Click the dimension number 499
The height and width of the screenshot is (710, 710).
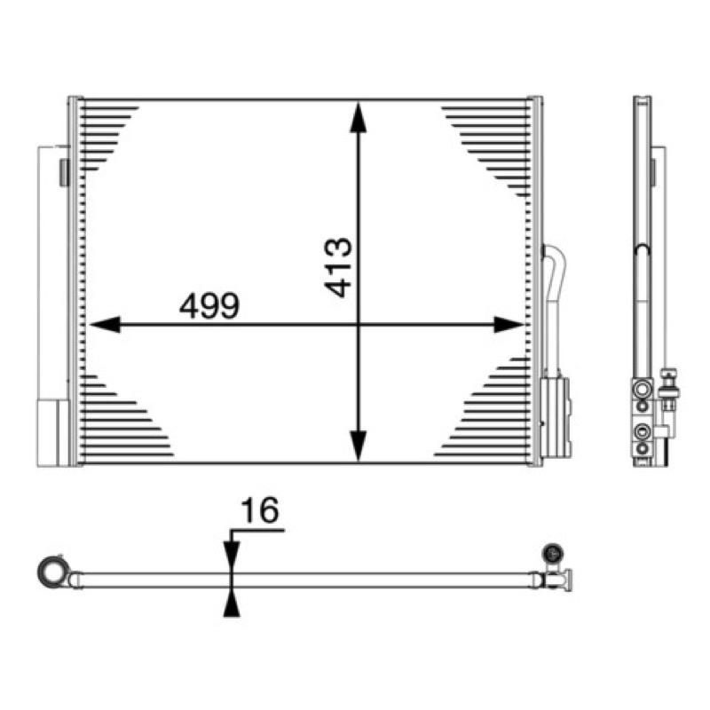[x=209, y=305]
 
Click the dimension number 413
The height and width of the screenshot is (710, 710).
[x=338, y=267]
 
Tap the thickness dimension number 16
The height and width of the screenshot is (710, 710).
[x=260, y=510]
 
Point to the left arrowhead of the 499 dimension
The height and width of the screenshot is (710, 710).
[x=105, y=324]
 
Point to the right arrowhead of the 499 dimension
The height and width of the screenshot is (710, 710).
[x=509, y=324]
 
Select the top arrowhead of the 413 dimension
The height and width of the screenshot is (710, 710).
[x=359, y=117]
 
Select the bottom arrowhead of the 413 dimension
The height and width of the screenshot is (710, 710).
[x=359, y=446]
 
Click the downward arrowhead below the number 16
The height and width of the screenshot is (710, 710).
[x=232, y=554]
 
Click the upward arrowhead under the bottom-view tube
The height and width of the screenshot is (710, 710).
[x=232, y=605]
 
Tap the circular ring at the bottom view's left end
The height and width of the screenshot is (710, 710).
[x=53, y=572]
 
